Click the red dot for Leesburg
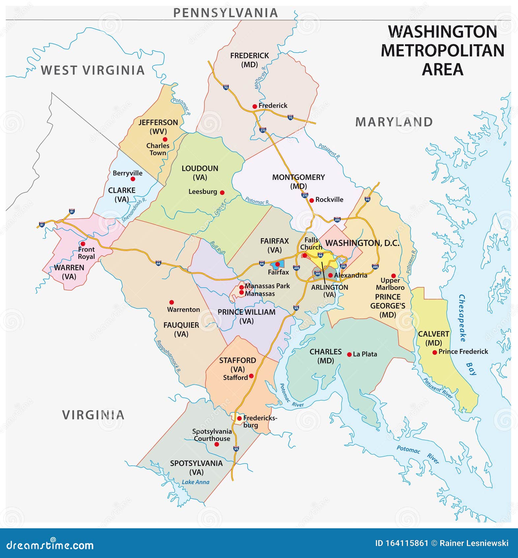(222, 192)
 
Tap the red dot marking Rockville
(311, 200)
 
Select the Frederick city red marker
(255, 106)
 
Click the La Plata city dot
(349, 355)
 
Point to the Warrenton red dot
(171, 302)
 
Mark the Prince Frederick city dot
(435, 352)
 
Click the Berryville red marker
(133, 179)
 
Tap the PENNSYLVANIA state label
(226, 13)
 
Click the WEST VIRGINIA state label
(93, 70)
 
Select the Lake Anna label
(196, 482)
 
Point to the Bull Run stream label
(218, 247)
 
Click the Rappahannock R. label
(168, 356)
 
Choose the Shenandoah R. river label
(134, 210)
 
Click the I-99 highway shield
(368, 199)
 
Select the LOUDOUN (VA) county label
(200, 173)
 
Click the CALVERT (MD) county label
(433, 338)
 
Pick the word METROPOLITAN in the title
(442, 51)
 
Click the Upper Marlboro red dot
(393, 276)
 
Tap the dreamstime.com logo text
(50, 545)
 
